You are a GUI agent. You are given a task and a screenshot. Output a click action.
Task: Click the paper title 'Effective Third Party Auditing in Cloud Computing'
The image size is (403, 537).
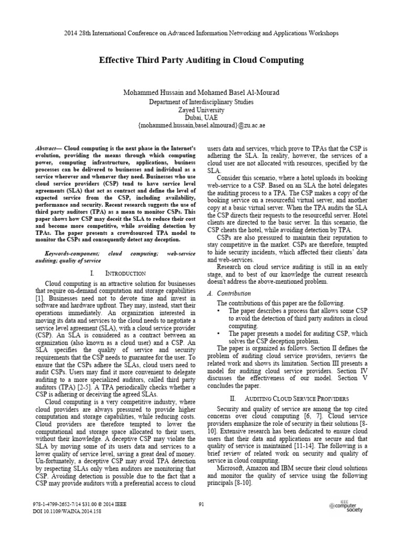(201, 60)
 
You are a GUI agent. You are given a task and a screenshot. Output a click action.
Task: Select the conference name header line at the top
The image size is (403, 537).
(201, 33)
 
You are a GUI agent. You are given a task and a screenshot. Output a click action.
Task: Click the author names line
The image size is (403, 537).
(201, 93)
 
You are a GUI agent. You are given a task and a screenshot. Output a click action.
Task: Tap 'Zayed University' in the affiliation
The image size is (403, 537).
(201, 111)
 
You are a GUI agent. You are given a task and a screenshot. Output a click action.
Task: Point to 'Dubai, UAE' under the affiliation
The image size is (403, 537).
(201, 119)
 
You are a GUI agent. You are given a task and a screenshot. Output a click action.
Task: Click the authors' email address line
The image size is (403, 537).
(201, 127)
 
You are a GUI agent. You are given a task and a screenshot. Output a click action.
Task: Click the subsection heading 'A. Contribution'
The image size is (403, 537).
(230, 294)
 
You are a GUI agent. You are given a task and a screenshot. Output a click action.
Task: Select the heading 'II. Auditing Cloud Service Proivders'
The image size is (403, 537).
(289, 399)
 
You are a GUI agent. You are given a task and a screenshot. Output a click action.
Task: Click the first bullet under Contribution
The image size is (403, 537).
(219, 311)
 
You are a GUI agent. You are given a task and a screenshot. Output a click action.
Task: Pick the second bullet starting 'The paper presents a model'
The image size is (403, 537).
(219, 333)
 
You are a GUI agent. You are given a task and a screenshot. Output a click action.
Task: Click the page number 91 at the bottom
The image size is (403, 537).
(201, 504)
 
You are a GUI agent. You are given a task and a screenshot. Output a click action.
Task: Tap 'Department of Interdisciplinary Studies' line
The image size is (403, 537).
(201, 102)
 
